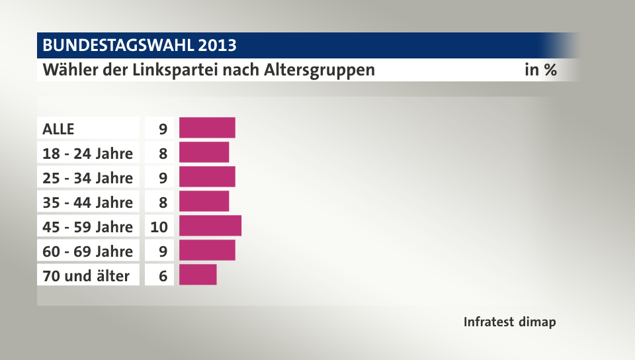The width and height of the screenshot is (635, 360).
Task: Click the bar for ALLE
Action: pos(207,128)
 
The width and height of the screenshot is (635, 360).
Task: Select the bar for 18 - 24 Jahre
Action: pos(204,152)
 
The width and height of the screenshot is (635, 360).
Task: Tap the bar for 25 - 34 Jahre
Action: pos(207,177)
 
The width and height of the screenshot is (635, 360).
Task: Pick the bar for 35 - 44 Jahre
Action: pos(204,201)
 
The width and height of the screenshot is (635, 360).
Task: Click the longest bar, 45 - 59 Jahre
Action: pos(210,226)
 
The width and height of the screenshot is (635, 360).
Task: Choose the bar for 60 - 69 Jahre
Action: pos(207,250)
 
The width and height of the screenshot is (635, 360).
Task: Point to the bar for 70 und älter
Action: pos(198,275)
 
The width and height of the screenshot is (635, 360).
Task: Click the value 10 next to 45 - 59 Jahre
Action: pos(159,227)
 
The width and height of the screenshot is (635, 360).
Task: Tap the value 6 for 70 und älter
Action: pos(163,276)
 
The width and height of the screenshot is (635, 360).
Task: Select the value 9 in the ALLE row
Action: pos(163,129)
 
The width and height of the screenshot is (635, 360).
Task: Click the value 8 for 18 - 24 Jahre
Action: pos(163,154)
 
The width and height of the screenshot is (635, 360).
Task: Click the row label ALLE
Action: pos(59,129)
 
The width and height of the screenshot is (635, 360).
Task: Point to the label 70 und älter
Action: pos(86,276)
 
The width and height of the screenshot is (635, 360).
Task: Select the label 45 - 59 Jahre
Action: pos(88,227)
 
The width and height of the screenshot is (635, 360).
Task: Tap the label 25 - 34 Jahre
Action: pos(88,178)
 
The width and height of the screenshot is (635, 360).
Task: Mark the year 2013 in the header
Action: pos(217,46)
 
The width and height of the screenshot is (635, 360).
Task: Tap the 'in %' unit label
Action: pos(540,69)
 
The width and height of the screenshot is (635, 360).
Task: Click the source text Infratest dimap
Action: pos(509,322)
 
